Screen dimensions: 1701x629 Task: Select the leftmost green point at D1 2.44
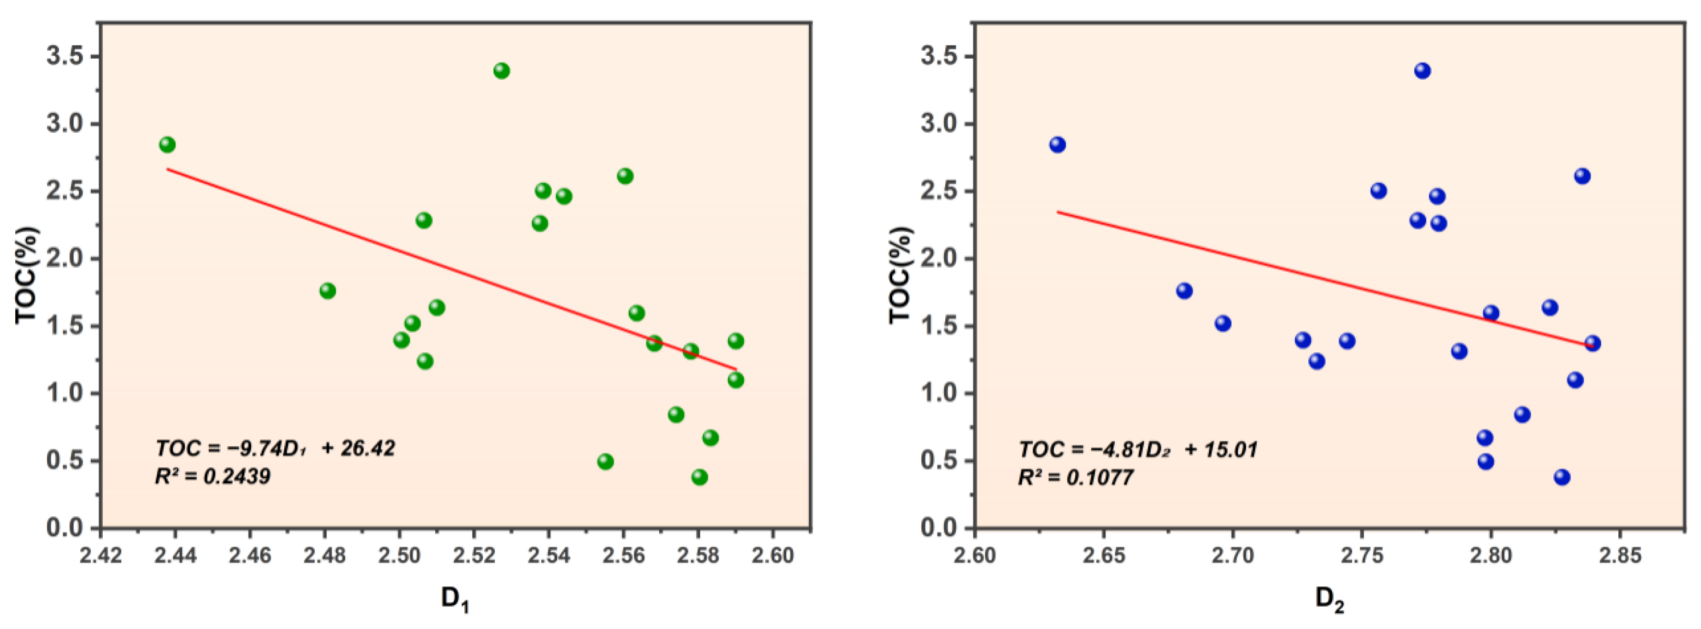(x=167, y=145)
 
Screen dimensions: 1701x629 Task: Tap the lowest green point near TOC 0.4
(x=699, y=477)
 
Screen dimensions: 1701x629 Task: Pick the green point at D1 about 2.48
(x=328, y=291)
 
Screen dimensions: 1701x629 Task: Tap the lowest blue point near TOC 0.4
(x=1562, y=477)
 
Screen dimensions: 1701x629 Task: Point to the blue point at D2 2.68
(x=1184, y=291)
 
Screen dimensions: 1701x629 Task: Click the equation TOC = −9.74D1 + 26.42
(x=275, y=449)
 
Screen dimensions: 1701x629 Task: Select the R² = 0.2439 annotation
(x=213, y=476)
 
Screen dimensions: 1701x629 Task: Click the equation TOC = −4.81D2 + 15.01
(x=1138, y=450)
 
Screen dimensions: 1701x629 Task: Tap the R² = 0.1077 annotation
(x=1076, y=477)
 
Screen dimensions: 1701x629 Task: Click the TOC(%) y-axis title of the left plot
(x=26, y=275)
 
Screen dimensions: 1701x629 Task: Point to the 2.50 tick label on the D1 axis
(x=399, y=555)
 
